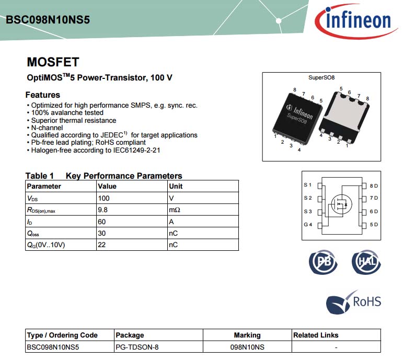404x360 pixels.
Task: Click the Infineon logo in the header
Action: pyautogui.click(x=355, y=20)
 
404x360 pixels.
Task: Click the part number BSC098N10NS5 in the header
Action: pyautogui.click(x=48, y=20)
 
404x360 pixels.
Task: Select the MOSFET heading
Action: pyautogui.click(x=53, y=62)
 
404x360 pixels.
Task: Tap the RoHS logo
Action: pyautogui.click(x=353, y=302)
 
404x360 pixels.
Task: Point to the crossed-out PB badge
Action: pyautogui.click(x=323, y=262)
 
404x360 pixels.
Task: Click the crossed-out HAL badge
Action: pyautogui.click(x=366, y=262)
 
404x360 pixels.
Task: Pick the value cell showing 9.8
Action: pyautogui.click(x=102, y=210)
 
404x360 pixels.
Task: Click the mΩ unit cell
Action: pyautogui.click(x=175, y=210)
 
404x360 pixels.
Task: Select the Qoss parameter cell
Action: pyautogui.click(x=33, y=234)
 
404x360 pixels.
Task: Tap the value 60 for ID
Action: pyautogui.click(x=102, y=222)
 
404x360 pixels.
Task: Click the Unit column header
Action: pyautogui.click(x=176, y=186)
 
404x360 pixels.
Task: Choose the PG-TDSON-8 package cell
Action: pyautogui.click(x=137, y=347)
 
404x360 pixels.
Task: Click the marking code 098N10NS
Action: pyautogui.click(x=247, y=347)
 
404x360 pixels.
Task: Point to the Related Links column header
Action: pyautogui.click(x=316, y=335)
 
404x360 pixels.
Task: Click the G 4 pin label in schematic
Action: pyautogui.click(x=308, y=225)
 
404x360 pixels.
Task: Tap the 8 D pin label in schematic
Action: pyautogui.click(x=374, y=185)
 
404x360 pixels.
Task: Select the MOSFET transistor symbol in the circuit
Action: pyautogui.click(x=341, y=204)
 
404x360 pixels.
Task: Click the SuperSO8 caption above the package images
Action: pyautogui.click(x=321, y=77)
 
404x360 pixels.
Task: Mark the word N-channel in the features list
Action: pyautogui.click(x=47, y=127)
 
